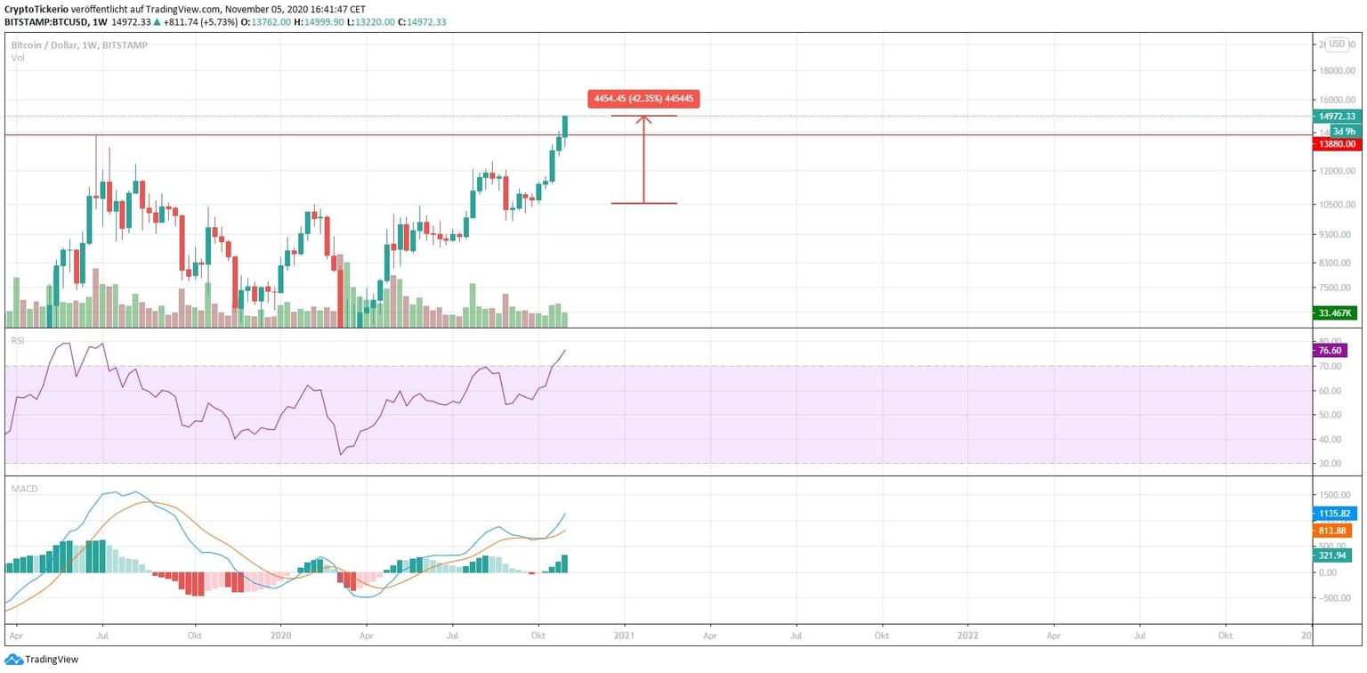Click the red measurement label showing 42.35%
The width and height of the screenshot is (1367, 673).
pyautogui.click(x=643, y=99)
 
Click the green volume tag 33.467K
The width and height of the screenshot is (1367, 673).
pyautogui.click(x=1335, y=312)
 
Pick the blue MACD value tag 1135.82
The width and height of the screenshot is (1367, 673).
pyautogui.click(x=1335, y=514)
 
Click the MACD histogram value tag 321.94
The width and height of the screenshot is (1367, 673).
pyautogui.click(x=1335, y=555)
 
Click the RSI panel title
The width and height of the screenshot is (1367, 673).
pyautogui.click(x=16, y=340)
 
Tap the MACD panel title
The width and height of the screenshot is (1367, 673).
pyautogui.click(x=23, y=489)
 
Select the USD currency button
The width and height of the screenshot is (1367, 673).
pyautogui.click(x=1338, y=45)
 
